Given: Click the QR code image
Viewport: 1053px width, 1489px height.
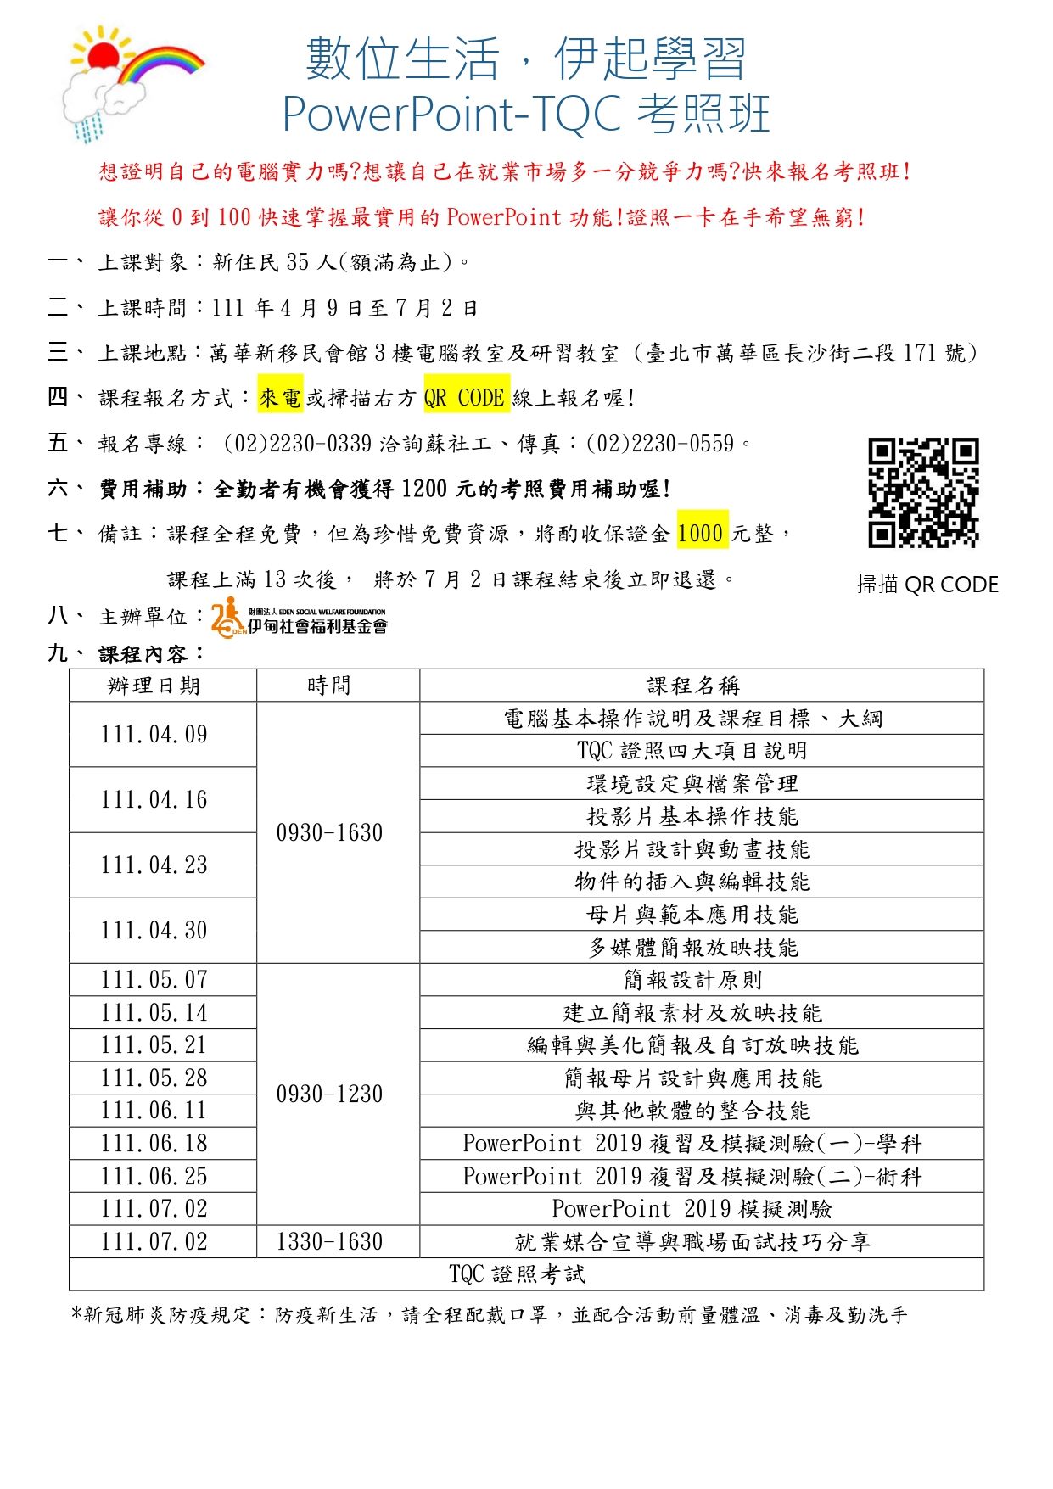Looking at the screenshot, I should pyautogui.click(x=922, y=492).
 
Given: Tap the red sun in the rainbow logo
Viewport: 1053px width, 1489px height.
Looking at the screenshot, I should pyautogui.click(x=104, y=57).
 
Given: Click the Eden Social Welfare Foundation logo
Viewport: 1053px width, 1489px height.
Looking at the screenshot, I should pyautogui.click(x=300, y=617).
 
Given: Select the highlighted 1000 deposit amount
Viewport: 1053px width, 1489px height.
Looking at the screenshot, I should pyautogui.click(x=701, y=534).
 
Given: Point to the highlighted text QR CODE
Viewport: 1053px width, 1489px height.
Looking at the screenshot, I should pyautogui.click(x=466, y=397).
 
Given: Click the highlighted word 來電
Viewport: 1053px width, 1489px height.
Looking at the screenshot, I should pyautogui.click(x=280, y=397).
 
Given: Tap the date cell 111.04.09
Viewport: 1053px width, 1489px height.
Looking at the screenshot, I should pyautogui.click(x=154, y=735).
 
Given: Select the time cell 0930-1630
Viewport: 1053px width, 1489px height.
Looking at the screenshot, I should pyautogui.click(x=329, y=832).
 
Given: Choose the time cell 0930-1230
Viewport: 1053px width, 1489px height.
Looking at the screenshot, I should pyautogui.click(x=329, y=1094).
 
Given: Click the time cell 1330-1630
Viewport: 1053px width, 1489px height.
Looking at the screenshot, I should pyautogui.click(x=329, y=1241).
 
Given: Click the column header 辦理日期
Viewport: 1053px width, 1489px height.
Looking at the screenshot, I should pyautogui.click(x=154, y=686).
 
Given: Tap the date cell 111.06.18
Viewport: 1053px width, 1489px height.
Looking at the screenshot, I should pyautogui.click(x=154, y=1143).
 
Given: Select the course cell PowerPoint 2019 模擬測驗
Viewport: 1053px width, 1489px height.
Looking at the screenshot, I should pyautogui.click(x=692, y=1208).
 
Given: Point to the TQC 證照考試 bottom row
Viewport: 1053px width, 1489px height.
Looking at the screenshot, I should pyautogui.click(x=518, y=1273).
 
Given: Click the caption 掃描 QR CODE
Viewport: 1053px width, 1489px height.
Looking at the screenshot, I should pyautogui.click(x=927, y=585).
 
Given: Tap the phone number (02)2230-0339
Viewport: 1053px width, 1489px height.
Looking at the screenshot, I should pyautogui.click(x=298, y=443).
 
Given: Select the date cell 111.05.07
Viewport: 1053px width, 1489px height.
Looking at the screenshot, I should pyautogui.click(x=154, y=980).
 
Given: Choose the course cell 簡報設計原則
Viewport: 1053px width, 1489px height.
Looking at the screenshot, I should pyautogui.click(x=692, y=980).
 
